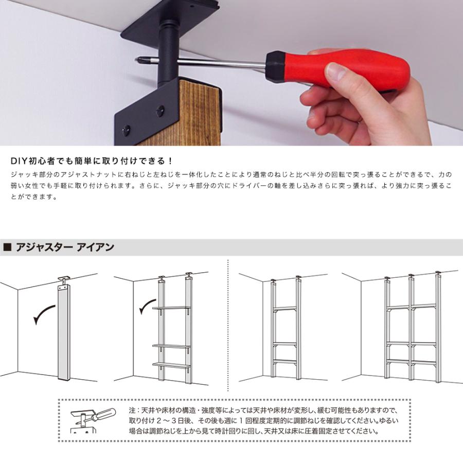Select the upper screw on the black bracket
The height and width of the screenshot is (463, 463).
coord(161,111)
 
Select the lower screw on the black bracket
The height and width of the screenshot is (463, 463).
coord(126,131)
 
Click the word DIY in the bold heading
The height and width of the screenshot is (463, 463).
coord(19,161)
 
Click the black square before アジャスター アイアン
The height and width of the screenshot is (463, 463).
coord(7,247)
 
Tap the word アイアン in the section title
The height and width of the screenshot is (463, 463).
coord(95,247)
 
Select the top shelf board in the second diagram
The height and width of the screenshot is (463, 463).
coord(171,308)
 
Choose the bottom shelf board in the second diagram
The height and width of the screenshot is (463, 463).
coord(171,365)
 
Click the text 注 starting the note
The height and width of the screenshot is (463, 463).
coord(132,411)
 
